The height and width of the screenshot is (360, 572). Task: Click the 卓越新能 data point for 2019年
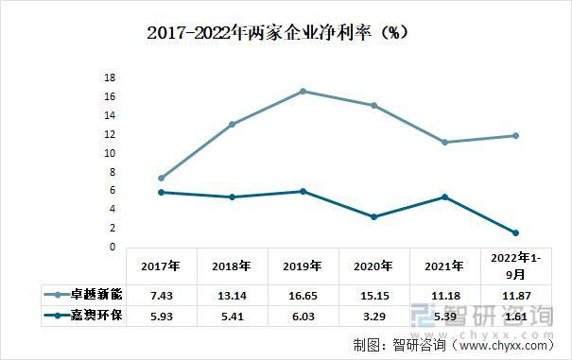303,91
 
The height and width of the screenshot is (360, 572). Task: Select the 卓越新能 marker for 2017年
162,178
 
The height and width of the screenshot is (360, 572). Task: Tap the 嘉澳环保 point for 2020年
373,216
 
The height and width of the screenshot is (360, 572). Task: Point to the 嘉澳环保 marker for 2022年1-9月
515,232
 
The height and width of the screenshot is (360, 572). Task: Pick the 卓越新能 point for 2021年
444,142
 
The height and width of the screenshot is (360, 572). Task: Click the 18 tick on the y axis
110,77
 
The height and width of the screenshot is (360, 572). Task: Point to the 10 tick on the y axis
110,153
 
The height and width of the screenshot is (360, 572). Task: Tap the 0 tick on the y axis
113,247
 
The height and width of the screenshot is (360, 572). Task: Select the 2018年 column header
232,266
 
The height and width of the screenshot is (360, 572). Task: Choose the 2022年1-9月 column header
515,266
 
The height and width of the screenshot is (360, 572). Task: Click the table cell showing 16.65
303,294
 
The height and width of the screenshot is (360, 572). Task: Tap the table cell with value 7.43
162,294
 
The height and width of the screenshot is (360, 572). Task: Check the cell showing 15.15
373,294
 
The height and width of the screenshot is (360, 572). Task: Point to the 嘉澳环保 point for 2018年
232,197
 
